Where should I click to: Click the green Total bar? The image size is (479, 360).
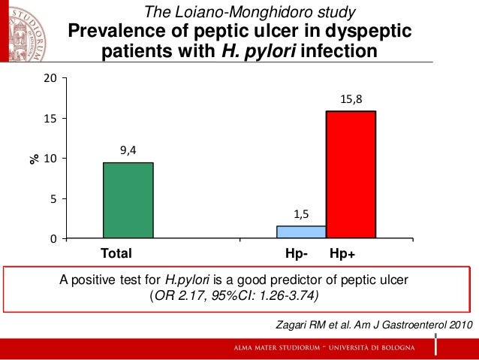(x=128, y=200)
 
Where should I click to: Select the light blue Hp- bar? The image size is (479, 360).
(x=301, y=232)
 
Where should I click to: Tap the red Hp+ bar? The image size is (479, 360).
(x=351, y=174)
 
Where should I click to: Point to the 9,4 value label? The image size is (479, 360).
(x=128, y=150)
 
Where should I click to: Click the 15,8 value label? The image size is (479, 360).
(x=351, y=98)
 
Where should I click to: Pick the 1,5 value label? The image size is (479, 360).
(x=301, y=214)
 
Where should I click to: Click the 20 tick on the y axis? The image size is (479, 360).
(x=50, y=78)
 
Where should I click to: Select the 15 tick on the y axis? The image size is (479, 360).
(x=50, y=119)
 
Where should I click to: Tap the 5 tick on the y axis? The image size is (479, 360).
(x=53, y=198)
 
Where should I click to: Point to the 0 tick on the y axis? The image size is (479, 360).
(x=53, y=239)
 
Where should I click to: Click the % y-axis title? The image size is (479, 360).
(x=34, y=159)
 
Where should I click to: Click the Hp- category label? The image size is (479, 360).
(x=298, y=253)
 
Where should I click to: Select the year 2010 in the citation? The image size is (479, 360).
(x=457, y=325)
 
